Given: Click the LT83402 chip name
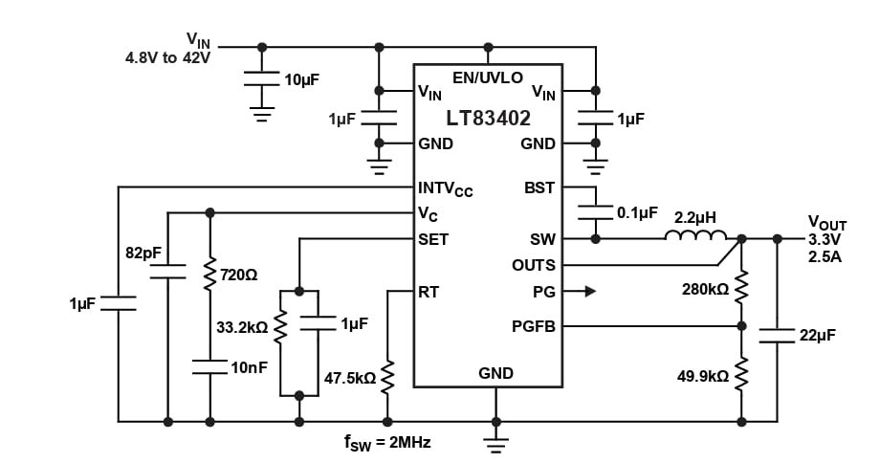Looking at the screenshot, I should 488,119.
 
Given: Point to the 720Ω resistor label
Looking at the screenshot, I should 239,275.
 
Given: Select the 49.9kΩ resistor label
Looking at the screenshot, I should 703,376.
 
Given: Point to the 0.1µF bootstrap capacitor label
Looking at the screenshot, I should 634,212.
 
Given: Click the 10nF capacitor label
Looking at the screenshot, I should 247,367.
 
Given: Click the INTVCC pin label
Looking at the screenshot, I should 445,187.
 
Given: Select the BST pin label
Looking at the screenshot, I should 539,187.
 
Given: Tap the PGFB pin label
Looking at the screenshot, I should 534,327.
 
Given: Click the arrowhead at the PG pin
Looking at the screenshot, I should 589,291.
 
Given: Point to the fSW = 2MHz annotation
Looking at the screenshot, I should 386,444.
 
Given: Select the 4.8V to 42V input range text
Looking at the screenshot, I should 167,56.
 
